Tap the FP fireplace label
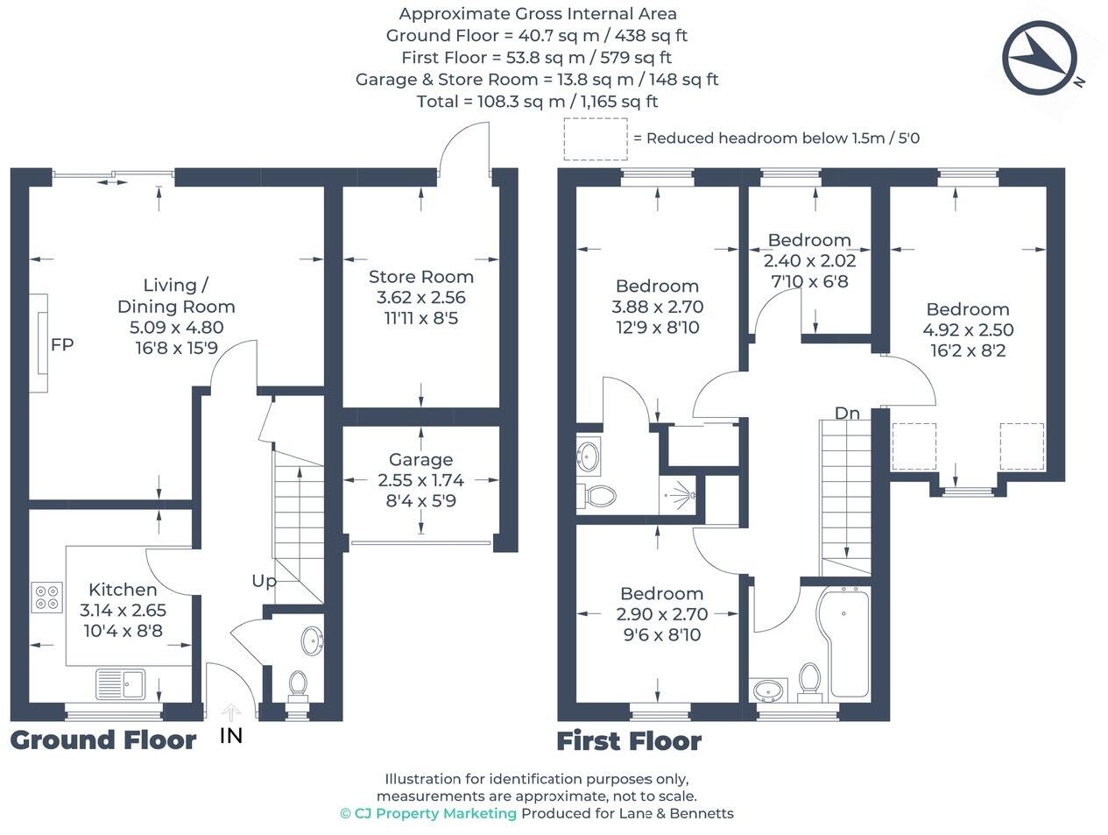pos(62,344)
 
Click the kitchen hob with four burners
pos(46,597)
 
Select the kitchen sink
pos(121,682)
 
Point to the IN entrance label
pos(230,736)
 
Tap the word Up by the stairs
pos(264,581)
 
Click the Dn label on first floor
pos(846,413)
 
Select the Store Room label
pos(420,276)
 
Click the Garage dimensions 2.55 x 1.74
pos(420,480)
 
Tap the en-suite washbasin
pos(588,455)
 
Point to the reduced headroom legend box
pos(596,138)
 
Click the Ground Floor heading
pos(103,740)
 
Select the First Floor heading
pos(629,741)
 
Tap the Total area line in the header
pos(537,101)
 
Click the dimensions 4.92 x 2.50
pos(968,330)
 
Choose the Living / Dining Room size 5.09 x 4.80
pos(176,328)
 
